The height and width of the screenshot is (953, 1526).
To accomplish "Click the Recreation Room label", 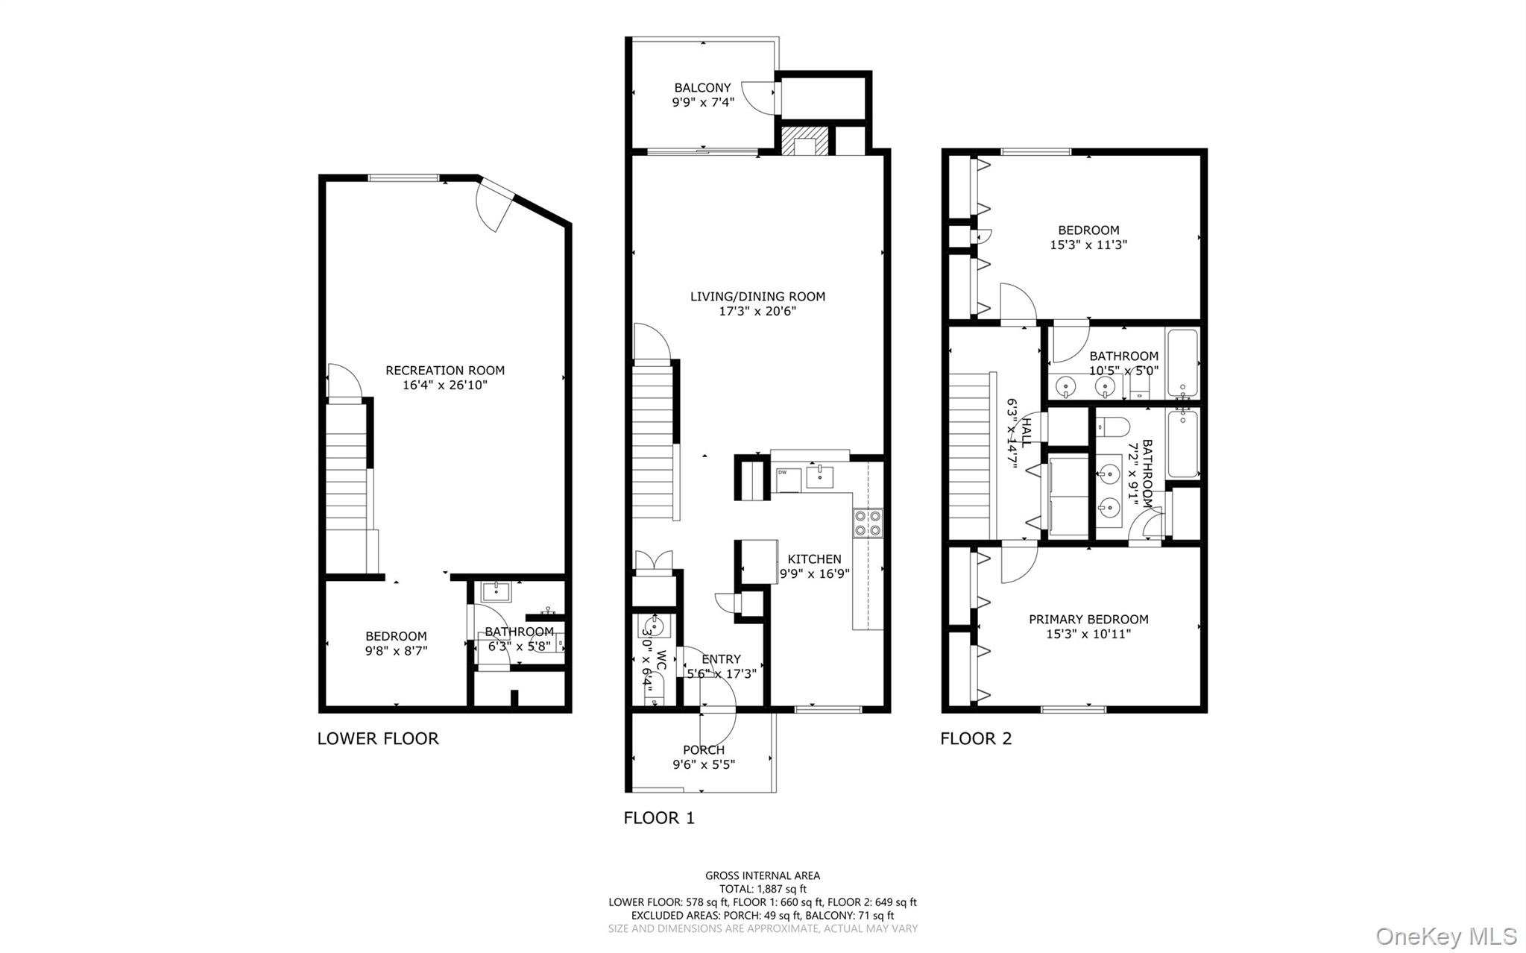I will [445, 370].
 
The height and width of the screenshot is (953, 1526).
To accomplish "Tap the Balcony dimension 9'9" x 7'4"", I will [702, 102].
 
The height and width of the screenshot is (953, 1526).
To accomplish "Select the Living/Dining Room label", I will [757, 296].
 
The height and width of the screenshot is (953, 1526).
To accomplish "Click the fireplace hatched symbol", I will [804, 142].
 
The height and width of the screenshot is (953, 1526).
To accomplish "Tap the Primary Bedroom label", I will [1088, 619].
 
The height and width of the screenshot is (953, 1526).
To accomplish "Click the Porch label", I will [703, 749].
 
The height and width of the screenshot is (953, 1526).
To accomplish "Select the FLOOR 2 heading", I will [976, 738].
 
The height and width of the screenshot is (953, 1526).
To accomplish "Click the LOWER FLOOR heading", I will [378, 738].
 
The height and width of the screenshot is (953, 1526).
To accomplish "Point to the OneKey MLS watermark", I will [1445, 936].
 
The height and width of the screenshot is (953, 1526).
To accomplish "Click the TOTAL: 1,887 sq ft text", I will [763, 889].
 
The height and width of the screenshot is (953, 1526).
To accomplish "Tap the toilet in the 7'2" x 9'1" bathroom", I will [1114, 427].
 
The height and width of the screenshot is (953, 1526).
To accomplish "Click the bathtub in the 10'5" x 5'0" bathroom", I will [1182, 363].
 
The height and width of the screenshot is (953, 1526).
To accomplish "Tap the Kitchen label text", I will [814, 559].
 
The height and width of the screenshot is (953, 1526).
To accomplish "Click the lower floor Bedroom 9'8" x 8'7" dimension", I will [396, 650].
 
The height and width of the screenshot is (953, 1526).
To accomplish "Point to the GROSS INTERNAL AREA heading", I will [763, 875].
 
